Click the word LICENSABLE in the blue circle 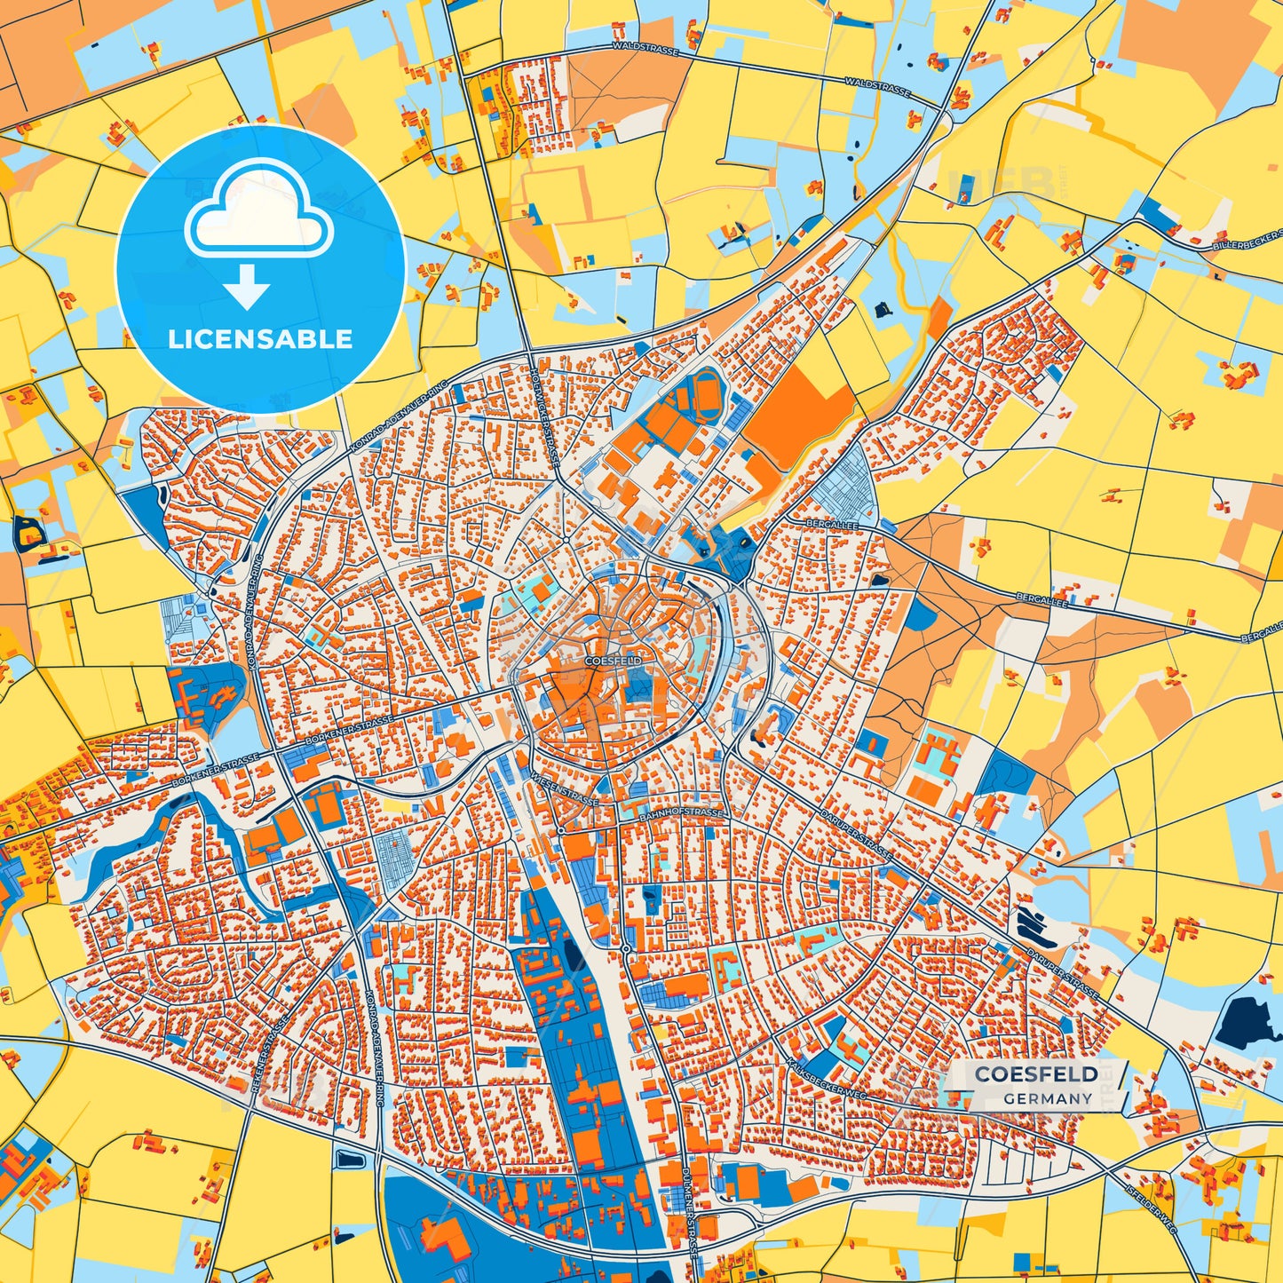260,339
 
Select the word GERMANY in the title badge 1048,1098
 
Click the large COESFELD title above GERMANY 1036,1074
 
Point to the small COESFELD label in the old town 613,661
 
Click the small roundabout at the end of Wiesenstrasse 560,829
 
